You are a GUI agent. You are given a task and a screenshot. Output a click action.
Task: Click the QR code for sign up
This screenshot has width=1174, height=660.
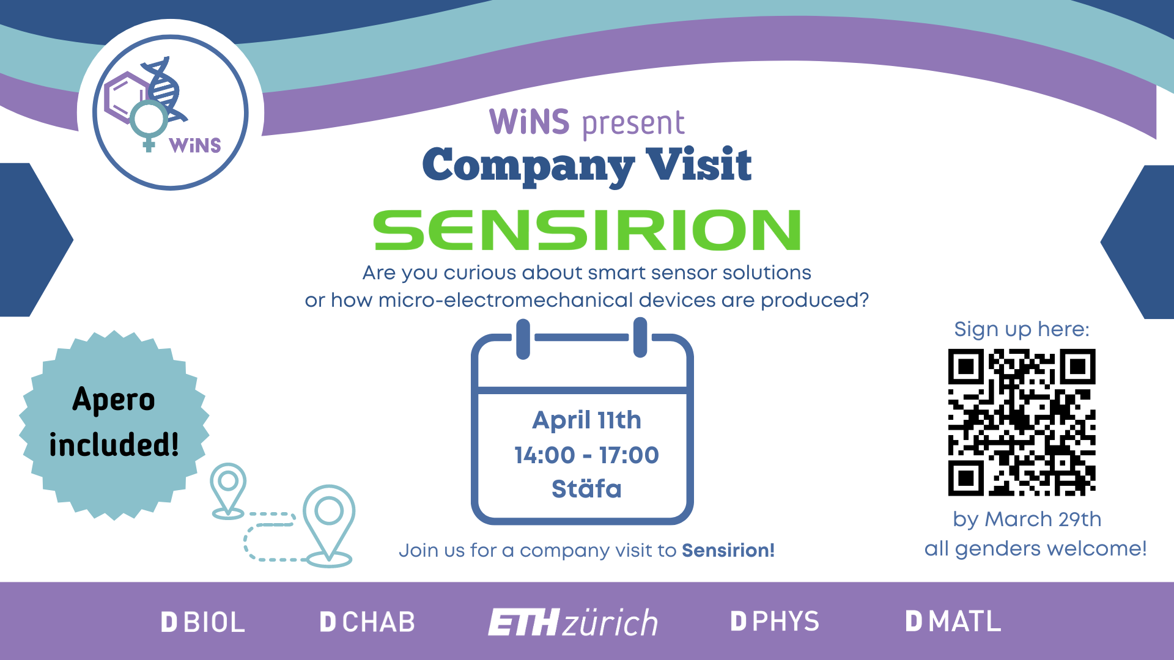coord(1022,422)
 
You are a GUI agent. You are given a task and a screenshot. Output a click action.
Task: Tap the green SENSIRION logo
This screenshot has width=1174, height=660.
coord(587,230)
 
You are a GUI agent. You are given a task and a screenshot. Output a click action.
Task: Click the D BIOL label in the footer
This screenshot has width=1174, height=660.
coord(202,622)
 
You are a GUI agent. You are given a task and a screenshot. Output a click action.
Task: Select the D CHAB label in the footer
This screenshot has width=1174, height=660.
coord(367,622)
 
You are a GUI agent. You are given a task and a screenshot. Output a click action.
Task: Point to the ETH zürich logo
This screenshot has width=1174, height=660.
coord(573,622)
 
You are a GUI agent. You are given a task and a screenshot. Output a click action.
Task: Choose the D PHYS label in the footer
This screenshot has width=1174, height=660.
coord(775,621)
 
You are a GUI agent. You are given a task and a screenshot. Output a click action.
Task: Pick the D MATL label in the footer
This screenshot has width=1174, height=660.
coord(953,621)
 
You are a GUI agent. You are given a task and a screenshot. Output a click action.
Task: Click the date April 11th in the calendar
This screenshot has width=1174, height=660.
coord(587,420)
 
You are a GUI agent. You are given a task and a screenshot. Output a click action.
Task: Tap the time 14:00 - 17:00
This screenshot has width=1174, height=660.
coord(587,455)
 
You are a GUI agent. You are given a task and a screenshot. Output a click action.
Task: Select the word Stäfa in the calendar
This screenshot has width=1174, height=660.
coord(587,488)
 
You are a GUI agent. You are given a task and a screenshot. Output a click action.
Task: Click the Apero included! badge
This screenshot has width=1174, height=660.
coord(114,425)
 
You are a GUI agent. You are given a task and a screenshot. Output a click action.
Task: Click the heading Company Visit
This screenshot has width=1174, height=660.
coord(587,165)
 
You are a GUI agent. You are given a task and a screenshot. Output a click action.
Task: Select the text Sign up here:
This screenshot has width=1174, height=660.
coord(1022,329)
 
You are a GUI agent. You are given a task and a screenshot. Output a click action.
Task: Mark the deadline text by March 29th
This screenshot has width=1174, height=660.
coord(1027,519)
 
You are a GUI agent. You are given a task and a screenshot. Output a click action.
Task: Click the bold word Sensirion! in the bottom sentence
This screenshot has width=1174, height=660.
coord(728,550)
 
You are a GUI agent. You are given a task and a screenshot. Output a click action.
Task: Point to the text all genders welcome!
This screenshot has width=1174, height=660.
coord(1036,549)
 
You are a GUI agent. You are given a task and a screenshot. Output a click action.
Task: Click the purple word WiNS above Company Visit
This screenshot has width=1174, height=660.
coord(530,122)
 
